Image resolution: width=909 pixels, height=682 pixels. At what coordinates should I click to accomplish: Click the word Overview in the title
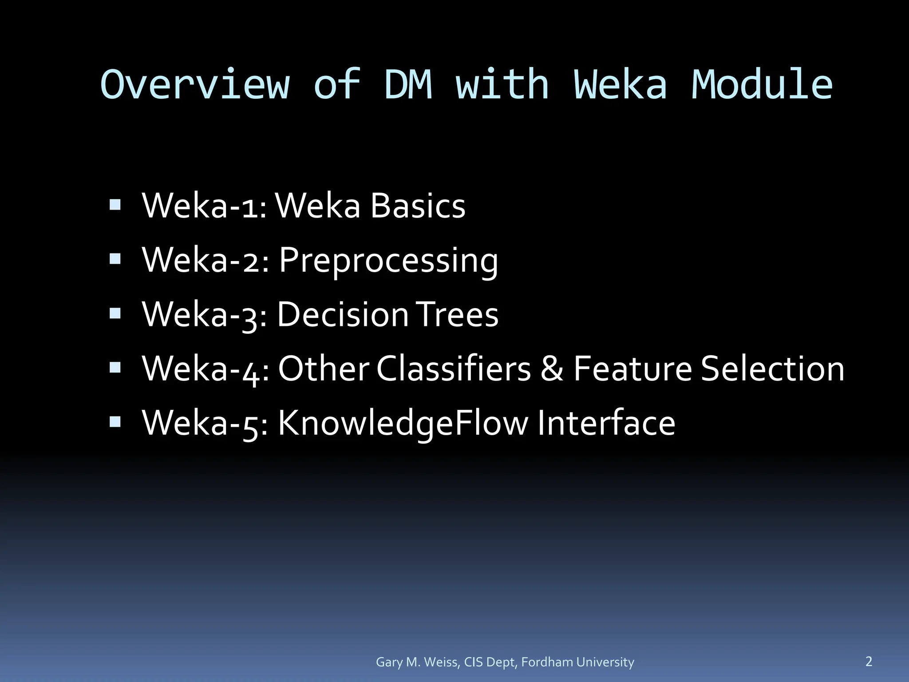click(195, 84)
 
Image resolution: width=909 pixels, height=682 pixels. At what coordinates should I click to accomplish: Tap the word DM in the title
click(407, 84)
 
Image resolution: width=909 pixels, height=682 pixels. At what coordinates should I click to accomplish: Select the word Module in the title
click(762, 84)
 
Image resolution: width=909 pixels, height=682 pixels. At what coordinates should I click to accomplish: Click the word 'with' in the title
click(502, 84)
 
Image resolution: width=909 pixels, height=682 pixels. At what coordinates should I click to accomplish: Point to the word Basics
click(418, 206)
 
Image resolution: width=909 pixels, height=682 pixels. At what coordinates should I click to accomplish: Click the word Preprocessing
click(388, 261)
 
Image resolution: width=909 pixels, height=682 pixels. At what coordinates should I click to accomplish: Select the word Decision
click(343, 314)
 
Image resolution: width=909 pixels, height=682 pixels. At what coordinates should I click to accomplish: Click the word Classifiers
click(454, 369)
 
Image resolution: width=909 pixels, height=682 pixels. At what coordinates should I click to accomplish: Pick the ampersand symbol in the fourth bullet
click(552, 369)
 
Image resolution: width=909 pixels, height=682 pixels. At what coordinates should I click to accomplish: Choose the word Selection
click(772, 369)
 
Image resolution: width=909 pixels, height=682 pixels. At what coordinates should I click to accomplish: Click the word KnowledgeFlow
click(403, 423)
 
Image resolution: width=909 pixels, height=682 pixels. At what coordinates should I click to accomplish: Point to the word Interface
click(606, 423)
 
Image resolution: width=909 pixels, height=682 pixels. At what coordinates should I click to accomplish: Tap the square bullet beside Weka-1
click(115, 205)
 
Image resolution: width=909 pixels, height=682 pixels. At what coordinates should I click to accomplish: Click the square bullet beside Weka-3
click(115, 313)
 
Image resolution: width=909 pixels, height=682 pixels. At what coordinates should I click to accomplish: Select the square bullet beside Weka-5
click(115, 421)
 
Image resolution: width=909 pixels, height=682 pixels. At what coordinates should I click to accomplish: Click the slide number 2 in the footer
click(869, 661)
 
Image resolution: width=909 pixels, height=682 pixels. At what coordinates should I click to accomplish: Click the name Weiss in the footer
click(442, 662)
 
